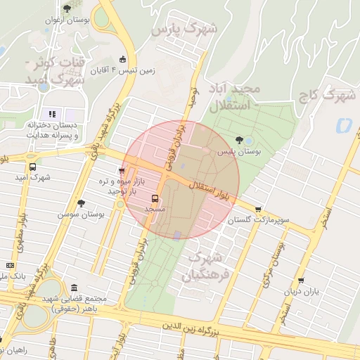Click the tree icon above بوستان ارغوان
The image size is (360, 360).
67,8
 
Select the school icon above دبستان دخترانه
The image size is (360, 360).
52,113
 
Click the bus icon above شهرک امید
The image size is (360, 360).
32,167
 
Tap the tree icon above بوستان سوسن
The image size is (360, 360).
81,202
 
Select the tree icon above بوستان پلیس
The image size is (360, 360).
240,140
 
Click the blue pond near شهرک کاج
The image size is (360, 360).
344,126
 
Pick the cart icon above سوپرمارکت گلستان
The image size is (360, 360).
259,209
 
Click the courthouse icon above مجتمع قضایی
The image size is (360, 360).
75,287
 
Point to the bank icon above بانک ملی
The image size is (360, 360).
10,265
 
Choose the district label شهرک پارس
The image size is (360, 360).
185,28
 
